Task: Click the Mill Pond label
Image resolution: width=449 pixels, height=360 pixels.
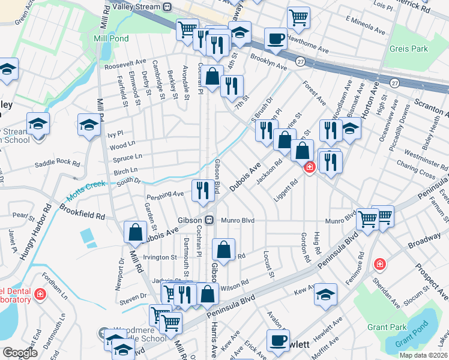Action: (x=109, y=38)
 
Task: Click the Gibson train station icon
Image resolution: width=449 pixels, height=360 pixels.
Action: (x=209, y=220)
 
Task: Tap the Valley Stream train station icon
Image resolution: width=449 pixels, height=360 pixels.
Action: (x=167, y=8)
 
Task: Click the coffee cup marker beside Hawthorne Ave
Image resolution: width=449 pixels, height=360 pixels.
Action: (x=276, y=39)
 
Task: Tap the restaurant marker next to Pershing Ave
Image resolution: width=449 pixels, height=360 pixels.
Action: (x=203, y=190)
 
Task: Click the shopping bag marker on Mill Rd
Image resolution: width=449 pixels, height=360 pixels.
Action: (x=136, y=232)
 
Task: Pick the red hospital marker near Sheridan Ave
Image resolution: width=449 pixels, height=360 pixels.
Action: (x=379, y=264)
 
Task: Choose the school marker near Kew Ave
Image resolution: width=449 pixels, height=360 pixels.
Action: (x=325, y=294)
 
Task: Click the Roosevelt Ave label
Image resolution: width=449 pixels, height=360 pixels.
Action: (x=125, y=61)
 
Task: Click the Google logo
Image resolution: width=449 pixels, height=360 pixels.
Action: (x=19, y=352)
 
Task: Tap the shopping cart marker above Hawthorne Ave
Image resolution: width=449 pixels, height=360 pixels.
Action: (x=298, y=17)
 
